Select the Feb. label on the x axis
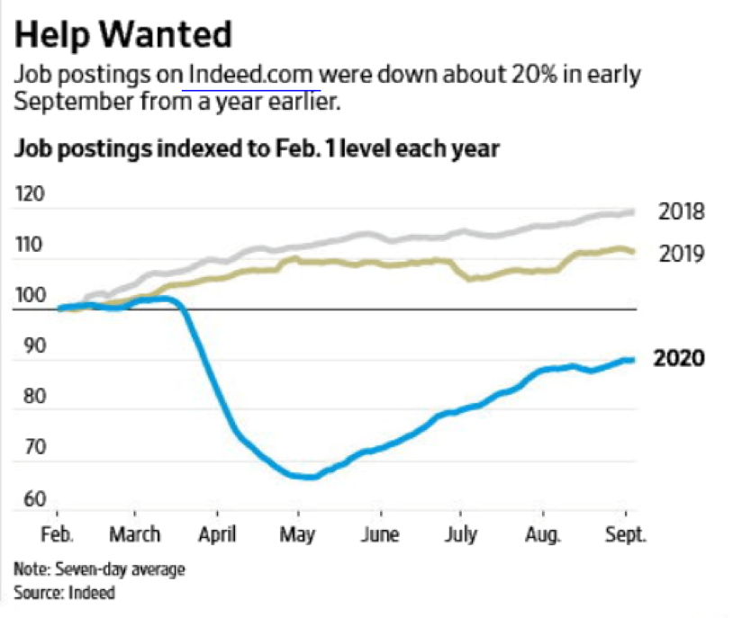click(x=59, y=533)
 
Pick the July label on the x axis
click(x=461, y=533)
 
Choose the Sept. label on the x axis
click(x=624, y=533)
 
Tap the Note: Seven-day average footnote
click(x=99, y=570)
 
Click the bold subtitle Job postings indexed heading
click(x=256, y=148)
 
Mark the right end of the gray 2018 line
click(x=631, y=212)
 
